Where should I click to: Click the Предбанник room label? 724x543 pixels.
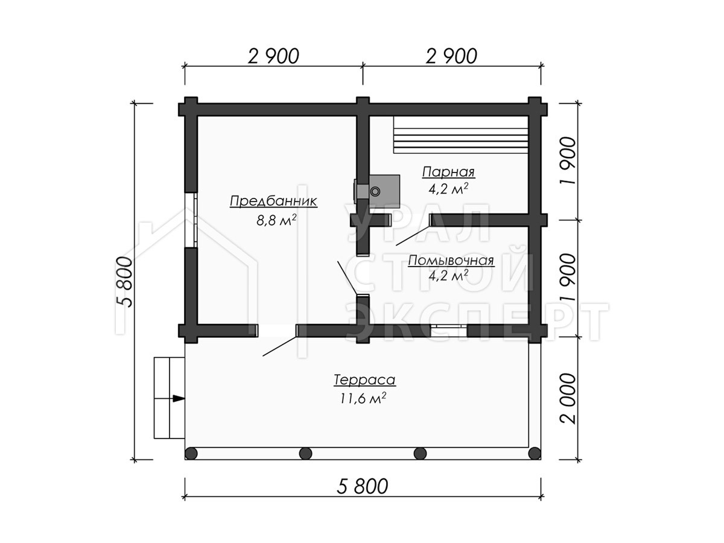(273, 201)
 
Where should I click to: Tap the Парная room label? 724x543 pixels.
(448, 172)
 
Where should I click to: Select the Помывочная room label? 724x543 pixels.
(451, 261)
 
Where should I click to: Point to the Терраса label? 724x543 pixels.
(364, 380)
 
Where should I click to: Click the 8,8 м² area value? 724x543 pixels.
(276, 220)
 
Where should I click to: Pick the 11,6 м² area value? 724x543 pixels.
(363, 398)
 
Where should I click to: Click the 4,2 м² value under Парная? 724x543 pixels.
(449, 188)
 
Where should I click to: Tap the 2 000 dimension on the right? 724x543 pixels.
(568, 399)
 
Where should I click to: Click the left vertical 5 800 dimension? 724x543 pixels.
(125, 282)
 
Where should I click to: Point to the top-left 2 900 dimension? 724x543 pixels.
(273, 56)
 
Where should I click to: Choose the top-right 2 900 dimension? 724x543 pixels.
(451, 56)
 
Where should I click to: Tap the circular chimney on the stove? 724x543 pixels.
(375, 191)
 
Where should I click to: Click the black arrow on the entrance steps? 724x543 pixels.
(179, 398)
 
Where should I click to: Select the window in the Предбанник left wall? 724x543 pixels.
(191, 220)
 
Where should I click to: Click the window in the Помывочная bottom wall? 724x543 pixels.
(449, 330)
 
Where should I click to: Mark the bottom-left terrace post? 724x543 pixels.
(191, 453)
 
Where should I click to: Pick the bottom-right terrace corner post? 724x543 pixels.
(535, 453)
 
